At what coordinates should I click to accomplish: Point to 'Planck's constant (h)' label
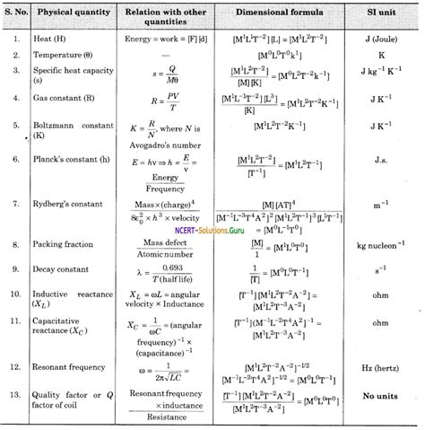(80, 159)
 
